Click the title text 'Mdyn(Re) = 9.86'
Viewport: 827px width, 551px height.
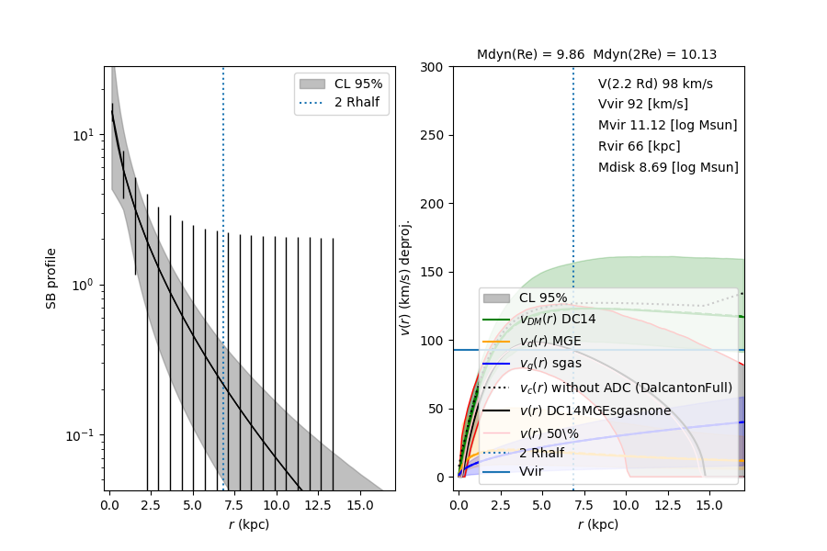(530, 55)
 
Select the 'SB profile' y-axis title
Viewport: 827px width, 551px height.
(52, 278)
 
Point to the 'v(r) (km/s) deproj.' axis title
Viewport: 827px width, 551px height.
(405, 278)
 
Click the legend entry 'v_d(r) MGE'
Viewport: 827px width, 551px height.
(550, 342)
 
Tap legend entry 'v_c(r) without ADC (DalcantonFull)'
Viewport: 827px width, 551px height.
(626, 388)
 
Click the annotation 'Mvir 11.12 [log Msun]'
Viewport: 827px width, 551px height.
(667, 125)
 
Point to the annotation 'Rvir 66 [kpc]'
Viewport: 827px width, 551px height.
(639, 146)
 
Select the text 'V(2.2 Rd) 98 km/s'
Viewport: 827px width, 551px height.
(655, 84)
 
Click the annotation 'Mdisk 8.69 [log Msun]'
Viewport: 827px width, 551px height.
(668, 167)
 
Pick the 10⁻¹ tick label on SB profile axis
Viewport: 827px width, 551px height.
(81, 434)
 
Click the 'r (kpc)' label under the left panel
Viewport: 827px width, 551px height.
(249, 525)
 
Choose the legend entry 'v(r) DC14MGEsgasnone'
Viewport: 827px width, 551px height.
(595, 410)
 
